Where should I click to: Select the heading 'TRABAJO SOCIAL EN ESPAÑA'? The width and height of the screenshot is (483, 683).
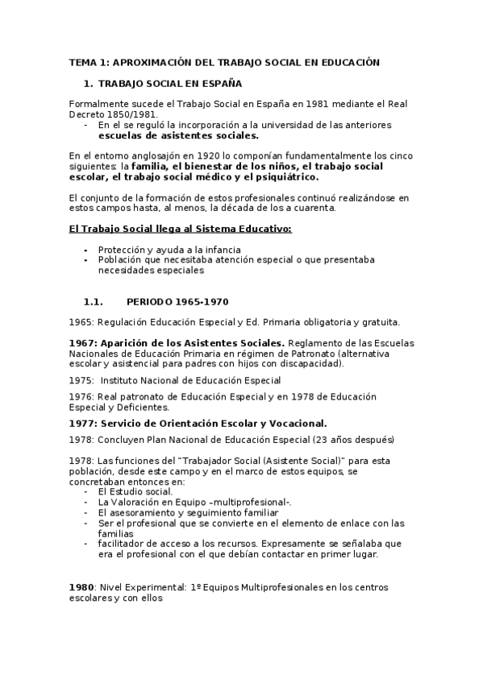[x=169, y=84]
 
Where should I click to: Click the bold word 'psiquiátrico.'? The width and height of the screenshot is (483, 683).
[x=284, y=176]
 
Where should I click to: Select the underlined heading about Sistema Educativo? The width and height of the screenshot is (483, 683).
[x=180, y=230]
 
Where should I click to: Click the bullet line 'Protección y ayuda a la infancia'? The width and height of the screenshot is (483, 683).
[x=169, y=250]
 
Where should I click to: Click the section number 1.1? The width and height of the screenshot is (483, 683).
[x=94, y=302]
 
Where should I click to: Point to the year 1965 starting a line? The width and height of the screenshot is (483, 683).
[x=81, y=322]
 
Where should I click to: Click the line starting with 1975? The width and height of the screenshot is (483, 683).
[x=175, y=380]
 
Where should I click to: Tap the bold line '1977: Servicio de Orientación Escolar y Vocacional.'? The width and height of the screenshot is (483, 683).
[x=198, y=423]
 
